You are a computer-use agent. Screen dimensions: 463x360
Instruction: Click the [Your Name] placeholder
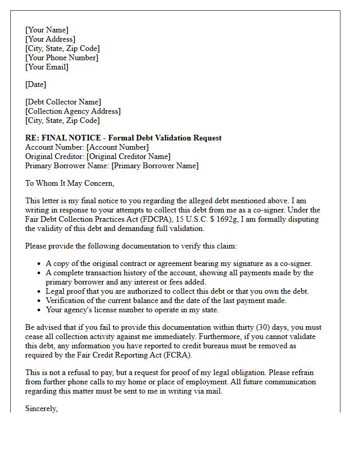coord(47,30)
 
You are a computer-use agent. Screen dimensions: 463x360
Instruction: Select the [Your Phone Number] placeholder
coord(62,58)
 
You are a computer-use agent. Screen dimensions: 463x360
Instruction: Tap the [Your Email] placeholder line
coord(47,67)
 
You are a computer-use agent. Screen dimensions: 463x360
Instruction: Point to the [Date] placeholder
coord(35,84)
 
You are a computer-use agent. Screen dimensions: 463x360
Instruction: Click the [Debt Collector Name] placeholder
coord(63,102)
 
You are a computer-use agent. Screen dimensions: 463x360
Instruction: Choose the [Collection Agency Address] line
coord(73,111)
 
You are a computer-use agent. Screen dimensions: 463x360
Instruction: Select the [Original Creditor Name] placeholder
coord(129,156)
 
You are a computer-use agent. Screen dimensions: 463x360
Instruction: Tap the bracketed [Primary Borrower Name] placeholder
coord(155,166)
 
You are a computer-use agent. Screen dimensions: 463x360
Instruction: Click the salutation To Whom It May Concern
coord(69,183)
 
